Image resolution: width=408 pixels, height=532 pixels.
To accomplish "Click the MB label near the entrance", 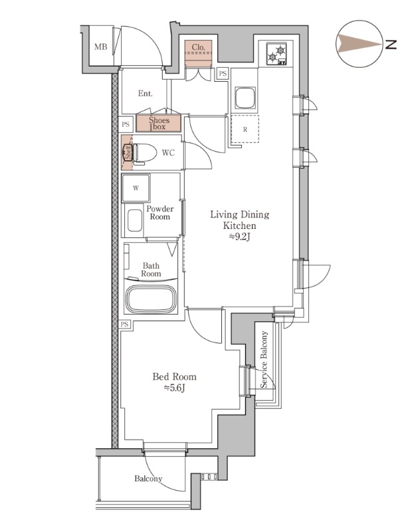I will (100, 47).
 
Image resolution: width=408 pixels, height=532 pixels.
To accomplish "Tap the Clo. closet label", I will (198, 47).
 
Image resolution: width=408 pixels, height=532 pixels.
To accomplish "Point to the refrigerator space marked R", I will (245, 129).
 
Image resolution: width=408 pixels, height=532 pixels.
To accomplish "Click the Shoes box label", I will (159, 123).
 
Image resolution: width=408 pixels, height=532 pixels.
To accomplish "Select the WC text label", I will (168, 153).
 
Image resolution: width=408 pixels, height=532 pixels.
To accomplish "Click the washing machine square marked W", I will (136, 188).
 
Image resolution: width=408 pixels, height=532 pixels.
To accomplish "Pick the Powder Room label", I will (160, 213).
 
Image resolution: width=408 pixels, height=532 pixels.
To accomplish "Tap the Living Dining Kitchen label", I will (239, 220).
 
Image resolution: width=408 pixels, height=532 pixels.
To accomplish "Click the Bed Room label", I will (174, 376).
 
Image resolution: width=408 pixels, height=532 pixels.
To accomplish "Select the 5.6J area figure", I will (174, 388).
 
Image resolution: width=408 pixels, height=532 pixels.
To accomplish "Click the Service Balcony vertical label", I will (264, 360).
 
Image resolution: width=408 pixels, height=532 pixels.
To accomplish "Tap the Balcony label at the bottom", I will (148, 479).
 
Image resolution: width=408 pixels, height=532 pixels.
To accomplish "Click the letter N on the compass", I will (391, 45).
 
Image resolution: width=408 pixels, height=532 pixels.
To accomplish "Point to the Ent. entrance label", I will (146, 94).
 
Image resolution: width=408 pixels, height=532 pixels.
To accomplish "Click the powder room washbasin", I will (136, 220).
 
